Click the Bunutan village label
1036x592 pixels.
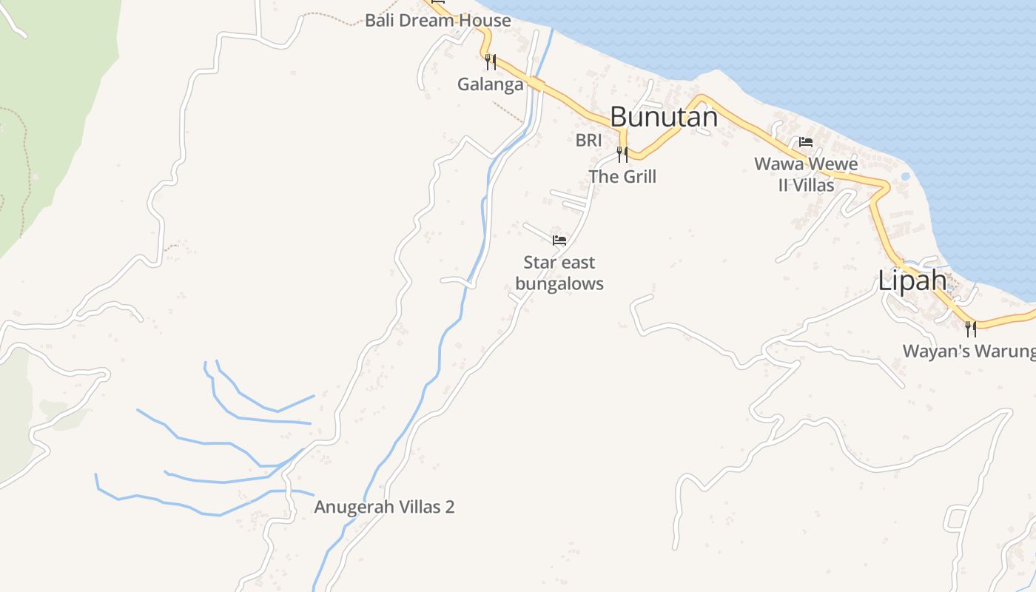pos(664,117)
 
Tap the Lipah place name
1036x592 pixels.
pos(912,280)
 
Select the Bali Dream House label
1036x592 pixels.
pos(438,20)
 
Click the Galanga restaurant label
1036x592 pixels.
pos(490,84)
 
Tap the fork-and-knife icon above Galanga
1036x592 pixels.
pos(490,61)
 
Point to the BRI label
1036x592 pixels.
pos(588,140)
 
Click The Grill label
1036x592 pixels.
pos(622,176)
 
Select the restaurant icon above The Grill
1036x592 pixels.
pos(622,154)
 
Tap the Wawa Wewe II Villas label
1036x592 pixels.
pos(806,174)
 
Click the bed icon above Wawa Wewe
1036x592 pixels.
pos(806,141)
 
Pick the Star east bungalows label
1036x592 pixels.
pos(559,273)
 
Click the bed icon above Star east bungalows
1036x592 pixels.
pos(559,240)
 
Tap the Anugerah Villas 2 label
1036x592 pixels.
pos(384,507)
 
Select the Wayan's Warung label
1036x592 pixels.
pos(968,351)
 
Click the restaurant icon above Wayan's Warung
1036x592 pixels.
pos(970,328)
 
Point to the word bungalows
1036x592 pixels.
pos(559,283)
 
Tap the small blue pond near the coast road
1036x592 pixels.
pos(905,177)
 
